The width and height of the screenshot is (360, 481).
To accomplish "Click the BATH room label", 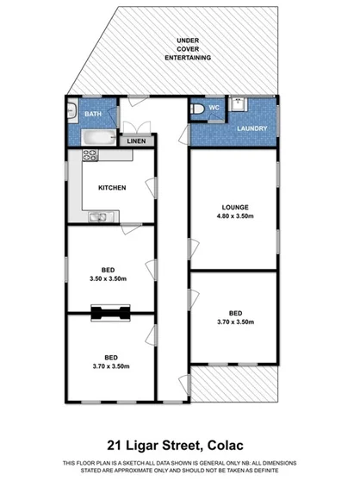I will click(92, 113).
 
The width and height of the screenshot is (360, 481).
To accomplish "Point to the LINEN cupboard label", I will click(136, 141).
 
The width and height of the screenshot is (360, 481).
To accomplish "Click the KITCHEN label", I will click(113, 188).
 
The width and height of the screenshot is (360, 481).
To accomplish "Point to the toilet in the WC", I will click(198, 109).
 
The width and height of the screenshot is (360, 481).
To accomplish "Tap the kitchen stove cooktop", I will click(89, 155).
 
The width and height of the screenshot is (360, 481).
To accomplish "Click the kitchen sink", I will click(92, 216).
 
